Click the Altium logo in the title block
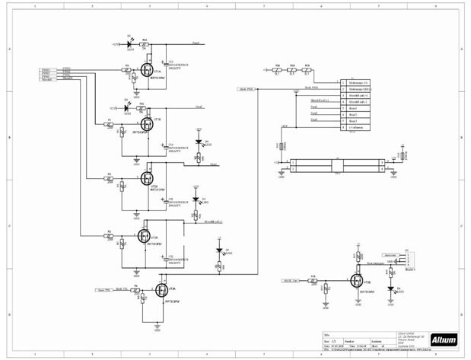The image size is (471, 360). [x=444, y=339]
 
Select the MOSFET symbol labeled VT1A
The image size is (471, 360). [x=145, y=71]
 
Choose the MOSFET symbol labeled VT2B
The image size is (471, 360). [x=145, y=236]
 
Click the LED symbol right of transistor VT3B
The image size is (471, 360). [x=390, y=290]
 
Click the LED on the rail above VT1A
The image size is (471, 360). [x=130, y=45]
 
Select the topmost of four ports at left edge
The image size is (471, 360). [x=46, y=68]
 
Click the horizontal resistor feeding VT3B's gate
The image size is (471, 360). [x=312, y=280]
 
